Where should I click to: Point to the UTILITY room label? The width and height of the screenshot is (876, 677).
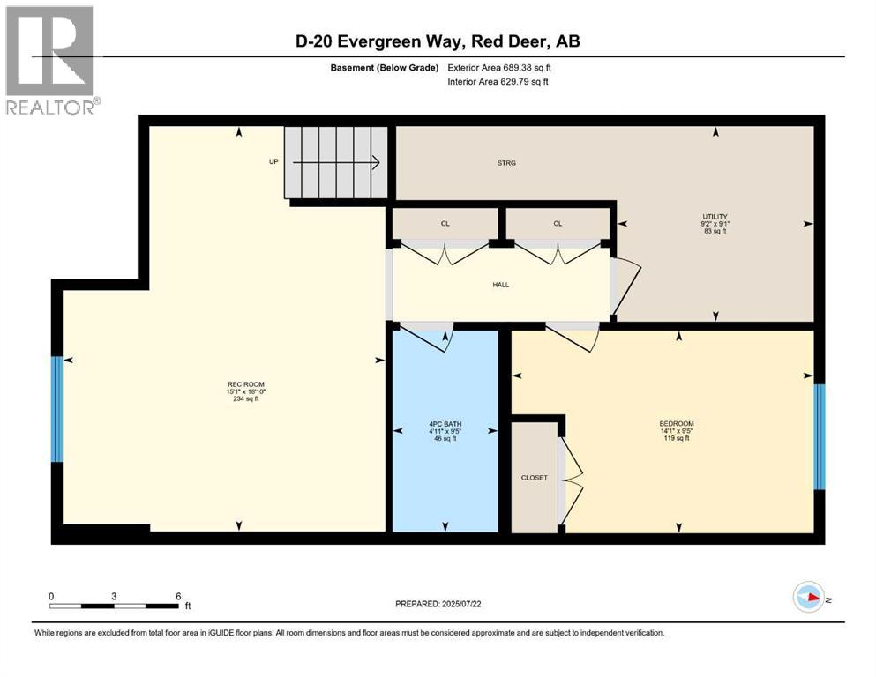tap(715, 216)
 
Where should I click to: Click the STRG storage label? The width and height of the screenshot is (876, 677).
tap(505, 163)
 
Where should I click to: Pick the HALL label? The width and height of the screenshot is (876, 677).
tap(501, 284)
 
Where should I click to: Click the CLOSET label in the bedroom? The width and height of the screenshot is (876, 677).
tap(534, 478)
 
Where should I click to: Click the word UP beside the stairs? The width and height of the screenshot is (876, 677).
tap(273, 162)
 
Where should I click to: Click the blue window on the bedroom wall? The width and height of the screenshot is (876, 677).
tap(819, 436)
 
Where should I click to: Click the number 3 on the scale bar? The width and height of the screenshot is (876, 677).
tap(114, 596)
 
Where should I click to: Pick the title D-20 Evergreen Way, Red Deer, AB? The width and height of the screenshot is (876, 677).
tap(438, 41)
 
